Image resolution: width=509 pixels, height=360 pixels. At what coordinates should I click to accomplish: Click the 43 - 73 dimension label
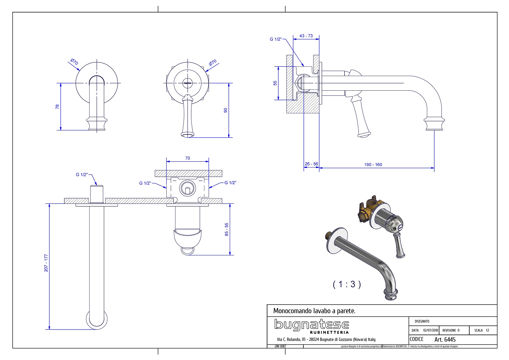click(x=306, y=36)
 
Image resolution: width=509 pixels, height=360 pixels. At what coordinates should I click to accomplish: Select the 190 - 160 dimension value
click(x=373, y=165)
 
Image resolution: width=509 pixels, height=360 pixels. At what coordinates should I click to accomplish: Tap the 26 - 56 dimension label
click(x=311, y=164)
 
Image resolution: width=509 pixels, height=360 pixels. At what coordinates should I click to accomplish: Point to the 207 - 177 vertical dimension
click(x=46, y=263)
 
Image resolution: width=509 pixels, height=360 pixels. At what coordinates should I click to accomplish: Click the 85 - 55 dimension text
click(x=227, y=229)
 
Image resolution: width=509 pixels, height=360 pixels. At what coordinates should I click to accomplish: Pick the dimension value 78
click(x=57, y=106)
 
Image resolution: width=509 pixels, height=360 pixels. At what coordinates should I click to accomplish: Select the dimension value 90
click(x=225, y=110)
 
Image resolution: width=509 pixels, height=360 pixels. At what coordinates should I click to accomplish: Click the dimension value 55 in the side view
click(x=275, y=83)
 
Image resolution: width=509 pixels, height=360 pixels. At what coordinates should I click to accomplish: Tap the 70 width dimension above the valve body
click(x=187, y=158)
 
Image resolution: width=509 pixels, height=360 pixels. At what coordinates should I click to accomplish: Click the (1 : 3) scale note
click(x=346, y=284)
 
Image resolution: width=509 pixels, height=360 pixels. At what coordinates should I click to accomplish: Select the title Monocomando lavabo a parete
click(x=314, y=311)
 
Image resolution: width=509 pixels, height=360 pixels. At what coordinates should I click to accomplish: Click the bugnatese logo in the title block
click(x=312, y=326)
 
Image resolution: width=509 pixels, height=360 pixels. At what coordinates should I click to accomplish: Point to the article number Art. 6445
click(x=445, y=340)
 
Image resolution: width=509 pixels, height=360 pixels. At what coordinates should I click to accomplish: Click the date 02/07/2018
click(x=431, y=330)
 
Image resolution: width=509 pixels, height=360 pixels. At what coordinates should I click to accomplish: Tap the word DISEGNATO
click(x=422, y=321)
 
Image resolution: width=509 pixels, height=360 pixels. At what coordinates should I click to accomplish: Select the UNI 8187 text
click(x=280, y=346)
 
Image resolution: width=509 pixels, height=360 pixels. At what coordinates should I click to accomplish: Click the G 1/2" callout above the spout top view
click(x=82, y=175)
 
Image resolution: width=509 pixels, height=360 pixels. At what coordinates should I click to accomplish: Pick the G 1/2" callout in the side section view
click(x=276, y=39)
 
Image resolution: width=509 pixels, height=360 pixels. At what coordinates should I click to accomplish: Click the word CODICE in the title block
click(x=417, y=339)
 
